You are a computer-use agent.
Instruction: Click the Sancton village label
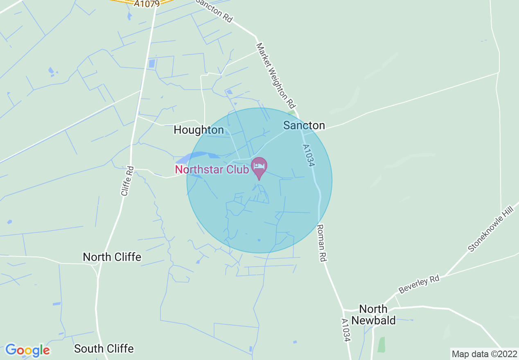304,126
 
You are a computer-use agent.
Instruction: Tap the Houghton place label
199,130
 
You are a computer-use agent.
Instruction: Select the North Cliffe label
112,257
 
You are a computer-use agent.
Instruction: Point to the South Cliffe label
104,349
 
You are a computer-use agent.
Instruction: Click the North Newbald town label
373,314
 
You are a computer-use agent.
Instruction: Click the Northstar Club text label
212,169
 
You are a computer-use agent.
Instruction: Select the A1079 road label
147,3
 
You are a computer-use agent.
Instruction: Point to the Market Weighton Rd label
276,74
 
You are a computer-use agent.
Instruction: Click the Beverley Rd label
419,284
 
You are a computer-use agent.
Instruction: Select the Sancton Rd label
214,10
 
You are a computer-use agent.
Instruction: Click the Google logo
28,350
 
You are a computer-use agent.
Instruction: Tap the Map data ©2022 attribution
484,353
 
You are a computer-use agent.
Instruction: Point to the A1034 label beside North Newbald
346,331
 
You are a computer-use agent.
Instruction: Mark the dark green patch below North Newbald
381,344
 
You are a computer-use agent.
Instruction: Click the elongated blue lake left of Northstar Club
192,157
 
